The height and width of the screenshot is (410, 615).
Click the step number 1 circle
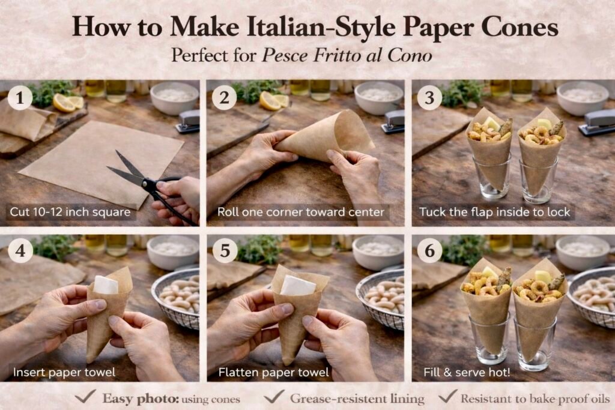point(20,97)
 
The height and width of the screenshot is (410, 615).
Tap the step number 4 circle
point(20,250)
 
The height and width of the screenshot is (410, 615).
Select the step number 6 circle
point(430,250)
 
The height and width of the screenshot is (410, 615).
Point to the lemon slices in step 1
point(68,103)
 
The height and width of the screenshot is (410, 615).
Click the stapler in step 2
point(393,121)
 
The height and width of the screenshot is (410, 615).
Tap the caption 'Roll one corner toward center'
point(301,212)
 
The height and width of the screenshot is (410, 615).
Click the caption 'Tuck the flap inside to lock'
point(495,212)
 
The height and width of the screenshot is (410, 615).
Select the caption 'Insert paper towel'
point(64,372)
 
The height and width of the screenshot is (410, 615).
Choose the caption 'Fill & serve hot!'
point(467,372)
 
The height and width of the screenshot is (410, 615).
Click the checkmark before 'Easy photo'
point(85,396)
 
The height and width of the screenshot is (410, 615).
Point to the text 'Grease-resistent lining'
point(357,399)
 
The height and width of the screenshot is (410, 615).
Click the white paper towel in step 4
point(106,285)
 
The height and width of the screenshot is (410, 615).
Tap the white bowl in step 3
point(581,97)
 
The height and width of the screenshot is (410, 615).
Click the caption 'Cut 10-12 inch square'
point(70,212)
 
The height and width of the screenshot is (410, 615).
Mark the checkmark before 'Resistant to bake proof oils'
point(448,396)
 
